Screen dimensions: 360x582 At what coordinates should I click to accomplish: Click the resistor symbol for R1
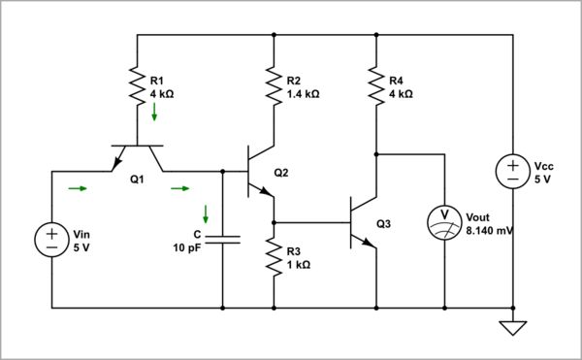(138, 87)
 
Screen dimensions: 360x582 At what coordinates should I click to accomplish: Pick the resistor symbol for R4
(374, 87)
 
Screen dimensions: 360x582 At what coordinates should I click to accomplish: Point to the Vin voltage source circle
(50, 240)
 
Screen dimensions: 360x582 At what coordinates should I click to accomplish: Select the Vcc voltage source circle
(511, 172)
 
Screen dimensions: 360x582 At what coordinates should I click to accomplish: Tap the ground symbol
(511, 328)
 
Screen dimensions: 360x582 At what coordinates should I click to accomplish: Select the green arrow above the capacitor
(205, 213)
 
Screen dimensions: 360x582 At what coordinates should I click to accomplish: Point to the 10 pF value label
(189, 247)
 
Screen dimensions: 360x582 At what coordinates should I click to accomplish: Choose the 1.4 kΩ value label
(304, 94)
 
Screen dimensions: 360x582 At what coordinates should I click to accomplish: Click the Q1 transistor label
(136, 179)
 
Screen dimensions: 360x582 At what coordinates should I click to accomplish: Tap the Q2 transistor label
(281, 173)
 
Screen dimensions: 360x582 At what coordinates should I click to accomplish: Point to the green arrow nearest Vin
(77, 188)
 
